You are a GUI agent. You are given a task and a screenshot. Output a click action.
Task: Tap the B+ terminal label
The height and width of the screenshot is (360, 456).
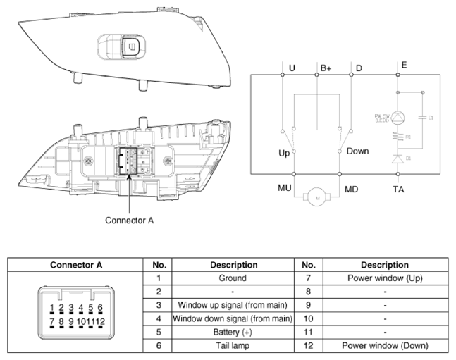pyautogui.click(x=326, y=68)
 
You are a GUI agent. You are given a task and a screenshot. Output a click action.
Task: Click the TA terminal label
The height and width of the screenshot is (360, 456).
pyautogui.click(x=400, y=189)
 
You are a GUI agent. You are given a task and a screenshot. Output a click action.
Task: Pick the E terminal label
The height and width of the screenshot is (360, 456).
pyautogui.click(x=404, y=65)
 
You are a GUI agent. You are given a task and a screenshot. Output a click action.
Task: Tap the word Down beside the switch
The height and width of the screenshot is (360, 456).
pyautogui.click(x=357, y=151)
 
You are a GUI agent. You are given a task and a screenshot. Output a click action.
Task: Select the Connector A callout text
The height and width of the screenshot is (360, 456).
pyautogui.click(x=130, y=220)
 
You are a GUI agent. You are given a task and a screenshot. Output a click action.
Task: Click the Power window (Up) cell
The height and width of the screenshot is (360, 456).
pyautogui.click(x=384, y=278)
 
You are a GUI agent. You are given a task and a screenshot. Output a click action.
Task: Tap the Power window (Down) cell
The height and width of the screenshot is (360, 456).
pyautogui.click(x=384, y=345)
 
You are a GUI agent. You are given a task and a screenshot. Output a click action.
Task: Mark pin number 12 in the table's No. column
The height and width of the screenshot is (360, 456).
pyautogui.click(x=307, y=345)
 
